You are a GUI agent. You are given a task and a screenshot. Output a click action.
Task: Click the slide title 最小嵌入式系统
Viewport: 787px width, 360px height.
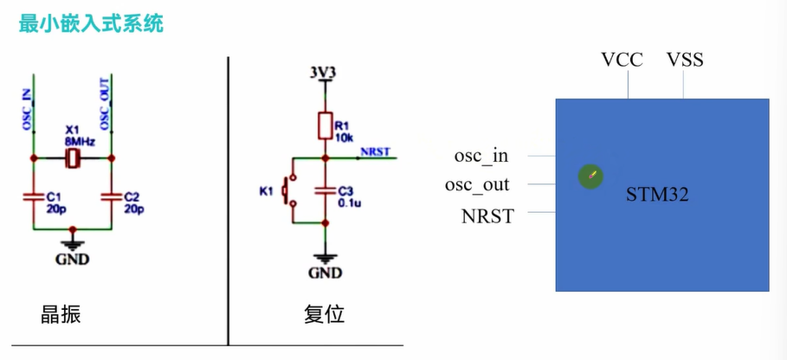(91, 23)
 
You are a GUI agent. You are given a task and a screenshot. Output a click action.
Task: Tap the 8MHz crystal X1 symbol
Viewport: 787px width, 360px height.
(74, 158)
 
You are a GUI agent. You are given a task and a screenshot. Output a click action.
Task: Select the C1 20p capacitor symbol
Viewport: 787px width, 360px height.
(34, 197)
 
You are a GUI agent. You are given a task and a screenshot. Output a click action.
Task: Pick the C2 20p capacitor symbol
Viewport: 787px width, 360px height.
(113, 197)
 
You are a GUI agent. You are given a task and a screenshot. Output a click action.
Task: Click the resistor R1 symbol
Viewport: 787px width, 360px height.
(324, 126)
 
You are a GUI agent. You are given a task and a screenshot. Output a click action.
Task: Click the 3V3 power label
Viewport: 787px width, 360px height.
(323, 71)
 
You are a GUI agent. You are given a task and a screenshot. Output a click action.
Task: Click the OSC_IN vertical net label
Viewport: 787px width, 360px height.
(26, 108)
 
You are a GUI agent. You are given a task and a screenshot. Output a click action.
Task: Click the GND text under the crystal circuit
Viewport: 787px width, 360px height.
(73, 259)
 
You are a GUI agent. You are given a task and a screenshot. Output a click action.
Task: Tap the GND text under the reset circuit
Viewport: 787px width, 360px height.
(325, 273)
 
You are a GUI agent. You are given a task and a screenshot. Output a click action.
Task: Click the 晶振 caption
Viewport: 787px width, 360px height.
(61, 314)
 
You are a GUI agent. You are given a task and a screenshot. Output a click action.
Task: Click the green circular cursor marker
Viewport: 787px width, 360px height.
(590, 177)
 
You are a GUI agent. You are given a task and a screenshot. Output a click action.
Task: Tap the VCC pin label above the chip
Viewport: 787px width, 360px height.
(622, 60)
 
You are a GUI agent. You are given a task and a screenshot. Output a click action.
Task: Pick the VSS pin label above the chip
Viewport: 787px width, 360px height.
(685, 60)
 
